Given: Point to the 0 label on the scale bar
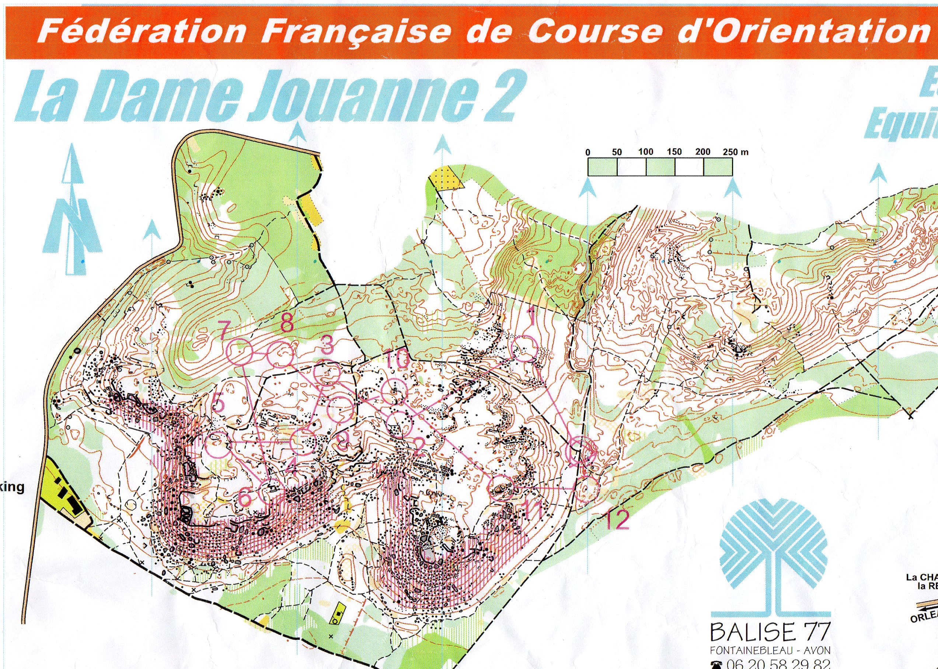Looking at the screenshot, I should click(588, 152).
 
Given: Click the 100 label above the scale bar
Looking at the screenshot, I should click(645, 152).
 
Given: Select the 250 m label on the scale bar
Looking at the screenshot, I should click(736, 152).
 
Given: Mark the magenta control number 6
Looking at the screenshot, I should click(245, 498).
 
